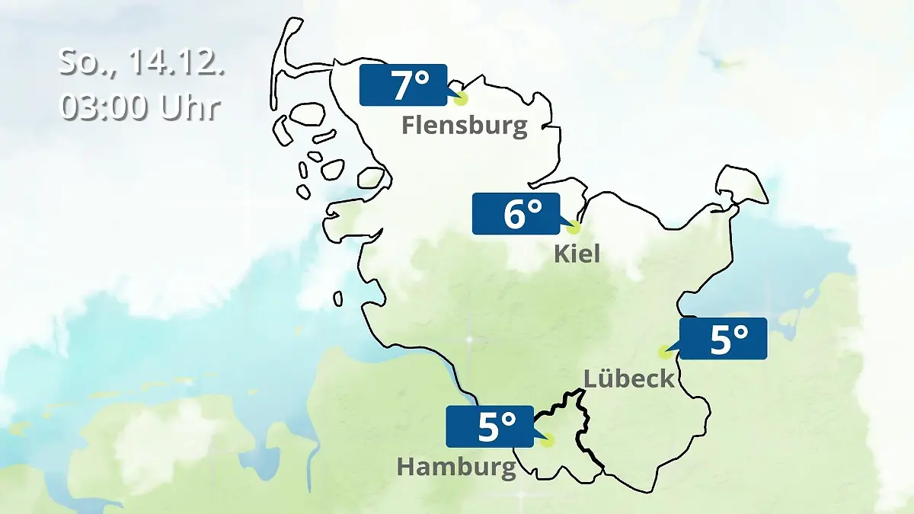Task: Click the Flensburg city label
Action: coord(465,125)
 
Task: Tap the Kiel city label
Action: coord(577,254)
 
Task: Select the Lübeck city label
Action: coord(629,378)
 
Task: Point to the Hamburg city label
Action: coord(456,467)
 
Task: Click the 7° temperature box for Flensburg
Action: coord(403,85)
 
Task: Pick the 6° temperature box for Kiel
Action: coord(516,214)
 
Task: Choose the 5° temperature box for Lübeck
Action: coord(723,338)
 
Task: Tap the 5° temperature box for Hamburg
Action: coord(489,426)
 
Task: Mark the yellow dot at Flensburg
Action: coord(460,98)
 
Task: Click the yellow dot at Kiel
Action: coord(574,227)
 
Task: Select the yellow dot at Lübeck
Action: coord(664,352)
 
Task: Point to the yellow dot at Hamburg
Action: coord(548,439)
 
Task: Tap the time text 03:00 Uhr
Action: coord(140,107)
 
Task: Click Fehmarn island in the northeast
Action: coord(741,185)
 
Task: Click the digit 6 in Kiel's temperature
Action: coord(515,215)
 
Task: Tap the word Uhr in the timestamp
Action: coord(190,107)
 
